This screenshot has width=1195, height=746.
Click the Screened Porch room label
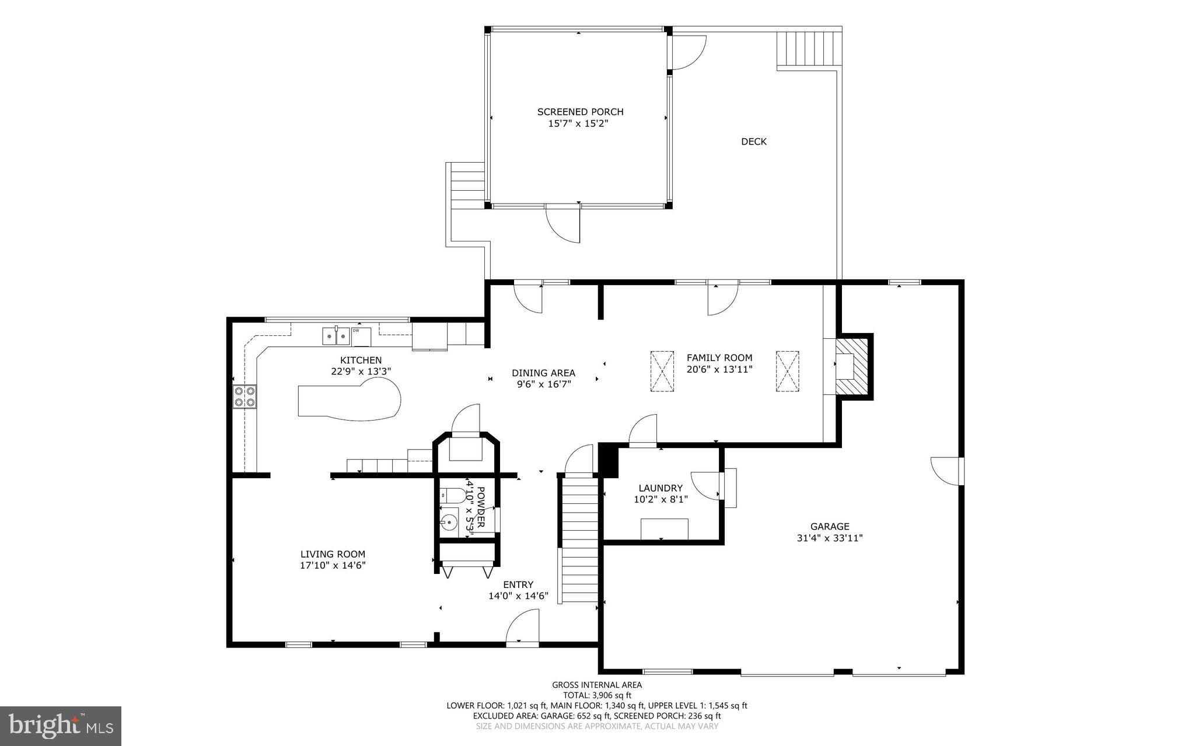coord(580,111)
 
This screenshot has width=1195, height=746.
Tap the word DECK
coord(754,141)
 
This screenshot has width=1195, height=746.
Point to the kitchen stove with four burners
coord(244,397)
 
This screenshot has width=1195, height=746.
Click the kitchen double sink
coord(336,336)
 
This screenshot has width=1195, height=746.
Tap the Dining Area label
coord(543,373)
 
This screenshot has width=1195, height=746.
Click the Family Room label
coord(719,358)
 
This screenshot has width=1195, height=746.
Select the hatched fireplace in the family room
coord(852,367)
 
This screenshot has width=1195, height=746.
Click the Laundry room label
coord(661,488)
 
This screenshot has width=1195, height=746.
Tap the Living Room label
coord(333,554)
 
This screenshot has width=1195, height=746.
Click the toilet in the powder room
coord(452,496)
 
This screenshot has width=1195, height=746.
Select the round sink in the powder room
coord(450,521)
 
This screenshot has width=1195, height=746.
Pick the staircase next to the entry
coord(579,540)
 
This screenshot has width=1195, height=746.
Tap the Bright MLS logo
coord(61,726)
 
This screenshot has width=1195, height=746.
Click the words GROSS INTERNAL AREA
coord(597,685)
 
